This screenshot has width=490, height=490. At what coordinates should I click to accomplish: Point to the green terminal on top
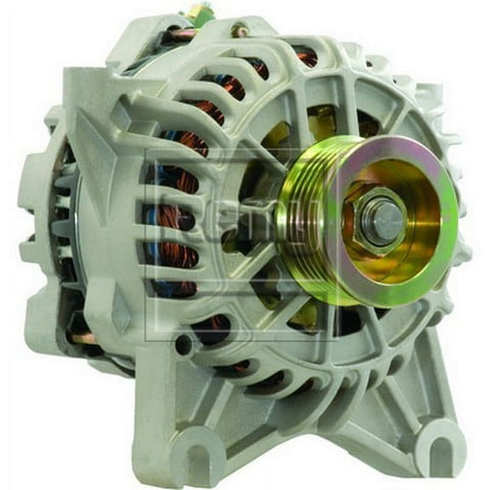tap(202, 13)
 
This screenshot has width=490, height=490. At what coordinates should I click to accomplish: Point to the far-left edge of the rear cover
tap(26, 196)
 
